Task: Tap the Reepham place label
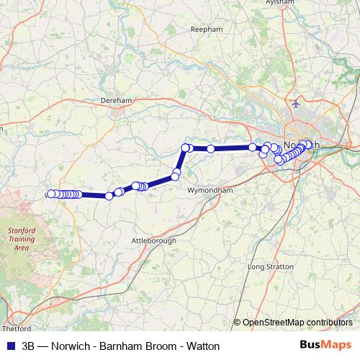coord(202,30)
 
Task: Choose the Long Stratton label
coord(267,267)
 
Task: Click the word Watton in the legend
coord(204,346)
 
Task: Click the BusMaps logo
coord(326,345)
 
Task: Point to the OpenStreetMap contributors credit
coord(297,323)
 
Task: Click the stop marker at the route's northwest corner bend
coord(185,148)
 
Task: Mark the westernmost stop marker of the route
coord(50,194)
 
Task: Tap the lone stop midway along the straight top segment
coord(210,148)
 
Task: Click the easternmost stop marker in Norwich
coord(309,145)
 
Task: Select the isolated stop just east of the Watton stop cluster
coord(109,196)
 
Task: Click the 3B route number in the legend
coord(28,346)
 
